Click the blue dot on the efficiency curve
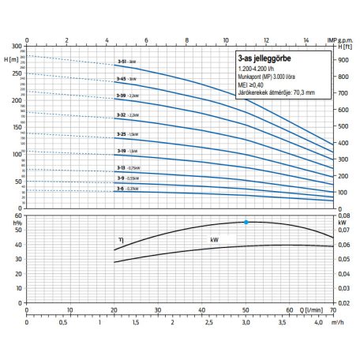coord(246,222)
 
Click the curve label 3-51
coord(121,60)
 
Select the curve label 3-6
coord(121,189)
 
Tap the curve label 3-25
coord(121,134)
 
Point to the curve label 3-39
coord(121,96)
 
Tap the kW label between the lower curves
coord(213,238)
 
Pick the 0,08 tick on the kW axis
coord(343,214)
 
